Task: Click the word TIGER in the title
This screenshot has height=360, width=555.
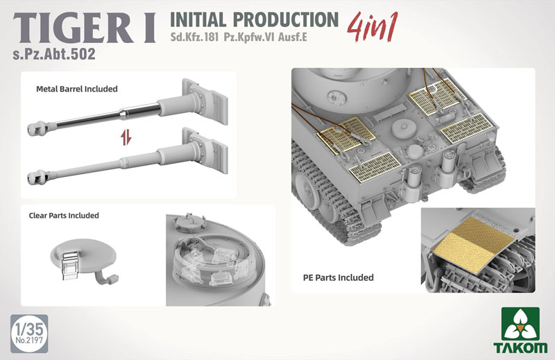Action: pos(73,29)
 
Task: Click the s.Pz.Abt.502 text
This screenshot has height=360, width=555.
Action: pos(54,54)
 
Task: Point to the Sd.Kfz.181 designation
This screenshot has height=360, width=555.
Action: pos(194,37)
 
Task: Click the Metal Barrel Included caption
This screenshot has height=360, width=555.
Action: pos(77,89)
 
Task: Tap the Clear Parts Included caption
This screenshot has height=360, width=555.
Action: pos(64,216)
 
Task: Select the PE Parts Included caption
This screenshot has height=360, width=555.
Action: pos(339,277)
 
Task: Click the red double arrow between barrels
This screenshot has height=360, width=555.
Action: pos(126,137)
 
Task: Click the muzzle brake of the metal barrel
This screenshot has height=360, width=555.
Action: pos(37,128)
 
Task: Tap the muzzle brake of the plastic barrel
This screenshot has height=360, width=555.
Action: pos(37,178)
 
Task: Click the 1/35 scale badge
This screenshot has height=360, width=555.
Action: pos(29,334)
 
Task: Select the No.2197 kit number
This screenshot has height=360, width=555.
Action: pos(29,341)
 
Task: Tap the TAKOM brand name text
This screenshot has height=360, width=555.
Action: pos(520,348)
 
